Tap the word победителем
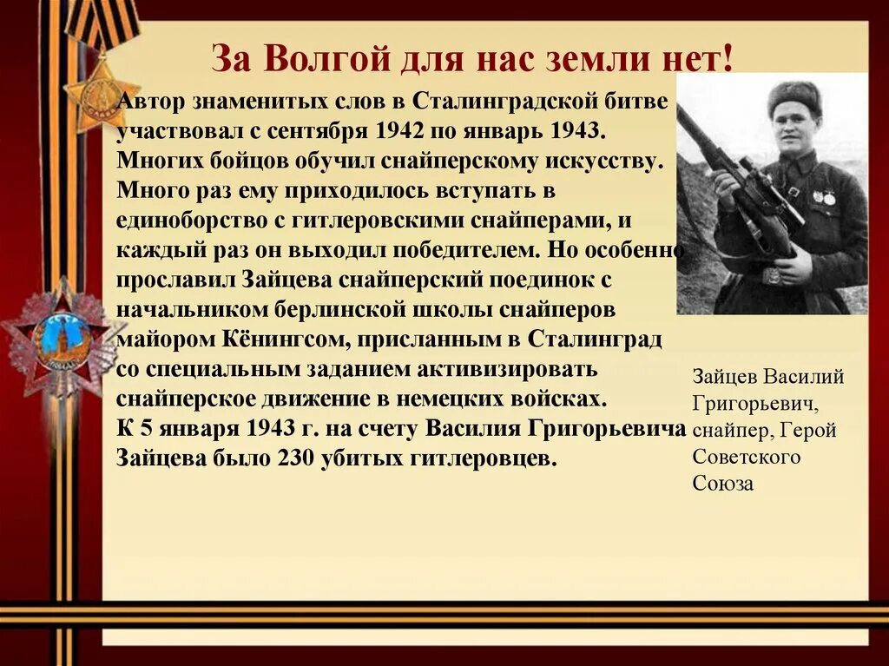[465, 250]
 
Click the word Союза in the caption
[723, 484]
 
